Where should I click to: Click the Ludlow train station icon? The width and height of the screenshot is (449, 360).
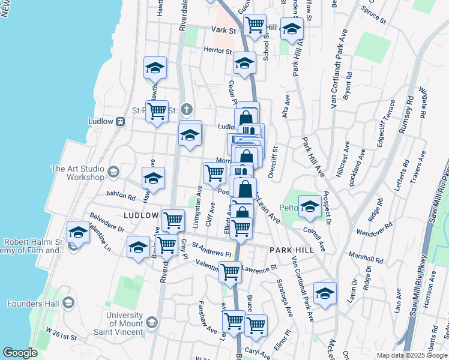(120, 121)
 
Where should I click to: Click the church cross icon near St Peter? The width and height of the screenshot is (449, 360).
(187, 109)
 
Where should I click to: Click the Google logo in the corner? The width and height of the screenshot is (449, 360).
(20, 353)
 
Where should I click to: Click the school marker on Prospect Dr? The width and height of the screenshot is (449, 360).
(310, 206)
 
